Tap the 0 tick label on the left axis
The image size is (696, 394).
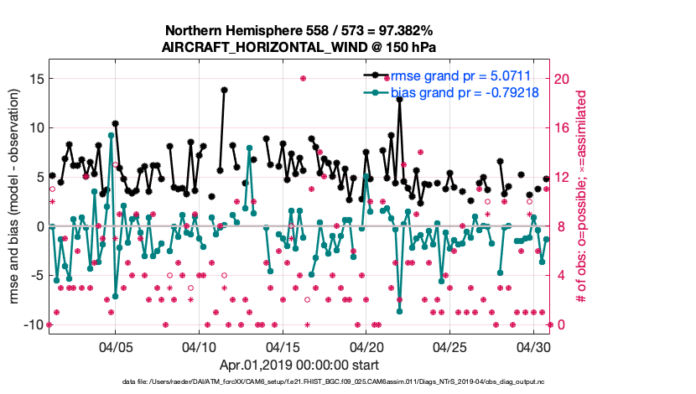coord(38,226)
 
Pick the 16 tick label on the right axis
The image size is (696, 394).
coord(564,127)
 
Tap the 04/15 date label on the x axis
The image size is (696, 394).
coord(283,346)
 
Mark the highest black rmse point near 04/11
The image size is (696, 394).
coord(224,90)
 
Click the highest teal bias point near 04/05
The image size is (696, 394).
coord(111,135)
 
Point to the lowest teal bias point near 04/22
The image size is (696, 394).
coord(400,311)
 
